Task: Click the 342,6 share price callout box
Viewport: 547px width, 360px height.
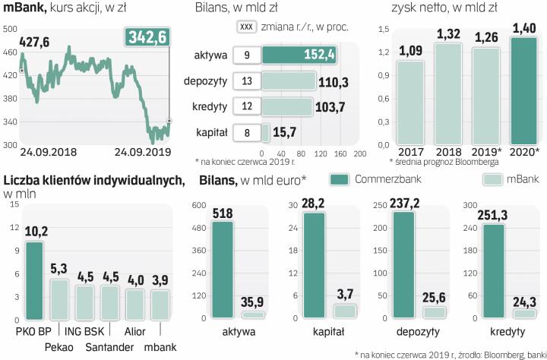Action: (148, 37)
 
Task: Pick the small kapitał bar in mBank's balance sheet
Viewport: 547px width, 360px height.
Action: (265, 133)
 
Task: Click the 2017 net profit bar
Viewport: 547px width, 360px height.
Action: (411, 103)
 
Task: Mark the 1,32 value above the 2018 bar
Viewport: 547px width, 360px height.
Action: (450, 34)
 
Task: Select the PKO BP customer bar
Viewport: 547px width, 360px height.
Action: (35, 281)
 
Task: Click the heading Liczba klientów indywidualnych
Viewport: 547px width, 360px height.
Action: (93, 180)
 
